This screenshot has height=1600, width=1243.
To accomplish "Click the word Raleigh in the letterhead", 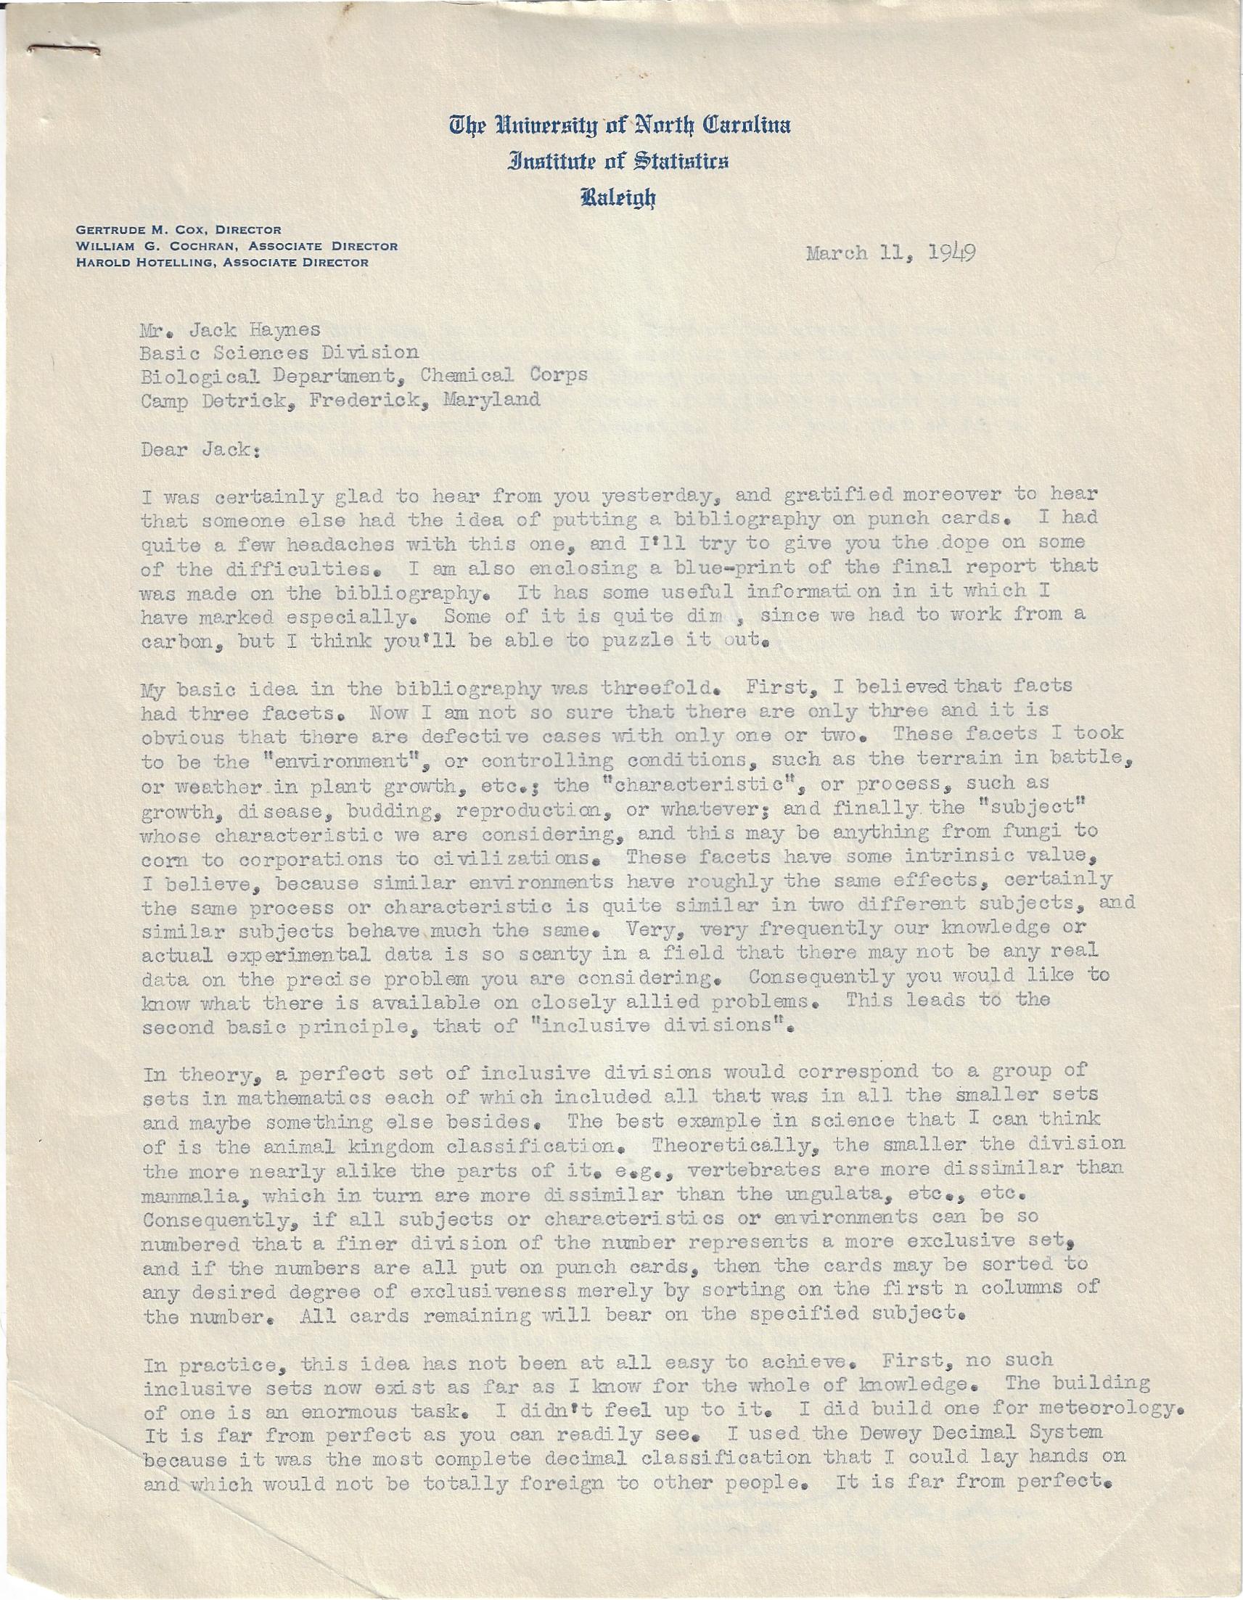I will click(x=619, y=197).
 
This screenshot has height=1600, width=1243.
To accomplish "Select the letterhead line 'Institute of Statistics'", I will click(x=619, y=162).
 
